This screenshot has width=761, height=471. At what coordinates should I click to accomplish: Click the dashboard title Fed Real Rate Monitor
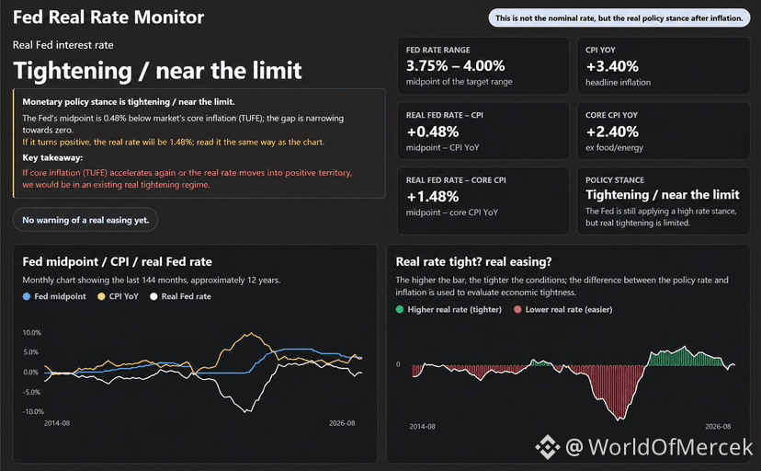click(x=108, y=17)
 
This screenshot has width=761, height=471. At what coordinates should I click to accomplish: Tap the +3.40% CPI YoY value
click(x=612, y=66)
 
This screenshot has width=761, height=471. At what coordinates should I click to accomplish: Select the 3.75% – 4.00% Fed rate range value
click(x=455, y=65)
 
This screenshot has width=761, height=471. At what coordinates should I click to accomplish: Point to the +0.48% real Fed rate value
click(x=433, y=132)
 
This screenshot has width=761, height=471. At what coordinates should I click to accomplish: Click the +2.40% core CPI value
click(x=612, y=132)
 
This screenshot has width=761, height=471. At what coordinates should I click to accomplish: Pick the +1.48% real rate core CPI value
click(x=433, y=197)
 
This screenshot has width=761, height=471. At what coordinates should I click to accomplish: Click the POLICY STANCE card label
click(x=615, y=180)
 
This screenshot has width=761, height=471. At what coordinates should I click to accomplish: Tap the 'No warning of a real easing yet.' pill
click(x=85, y=220)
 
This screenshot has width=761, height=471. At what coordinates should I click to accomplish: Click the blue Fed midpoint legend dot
click(x=27, y=296)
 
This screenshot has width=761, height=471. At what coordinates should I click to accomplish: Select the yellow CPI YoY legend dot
click(x=101, y=296)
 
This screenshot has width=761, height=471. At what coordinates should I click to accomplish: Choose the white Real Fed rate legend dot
click(x=153, y=296)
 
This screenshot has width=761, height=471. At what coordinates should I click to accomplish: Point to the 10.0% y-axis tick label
click(x=31, y=333)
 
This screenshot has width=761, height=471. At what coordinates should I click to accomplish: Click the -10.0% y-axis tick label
click(x=32, y=411)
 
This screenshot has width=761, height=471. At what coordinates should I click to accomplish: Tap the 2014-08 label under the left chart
click(x=57, y=423)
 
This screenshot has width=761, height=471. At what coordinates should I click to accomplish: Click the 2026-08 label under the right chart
click(x=718, y=426)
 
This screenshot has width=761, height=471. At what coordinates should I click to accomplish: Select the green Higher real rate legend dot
click(x=400, y=309)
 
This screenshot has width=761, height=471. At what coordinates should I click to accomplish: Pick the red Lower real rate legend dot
click(x=517, y=309)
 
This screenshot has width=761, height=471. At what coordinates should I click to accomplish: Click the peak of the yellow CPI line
click(x=250, y=333)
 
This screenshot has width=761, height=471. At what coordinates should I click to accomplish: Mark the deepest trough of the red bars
click(x=619, y=419)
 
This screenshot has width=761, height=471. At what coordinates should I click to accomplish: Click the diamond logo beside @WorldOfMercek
click(x=548, y=447)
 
